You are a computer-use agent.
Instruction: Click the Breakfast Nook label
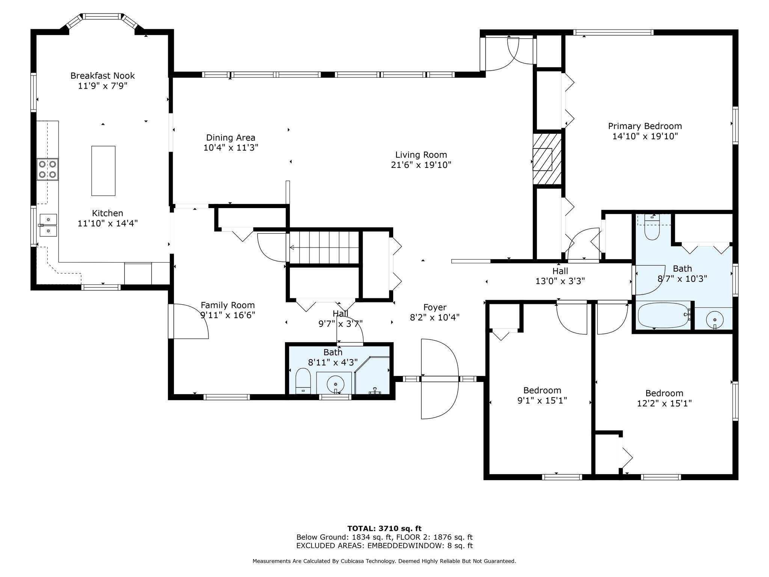click(103, 76)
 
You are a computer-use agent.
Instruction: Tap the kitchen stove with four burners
click(47, 169)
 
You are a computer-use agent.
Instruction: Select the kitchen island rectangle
click(103, 171)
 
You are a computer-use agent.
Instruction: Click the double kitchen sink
click(47, 225)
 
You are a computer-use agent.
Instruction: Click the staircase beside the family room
click(324, 247)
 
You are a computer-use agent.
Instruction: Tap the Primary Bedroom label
click(645, 126)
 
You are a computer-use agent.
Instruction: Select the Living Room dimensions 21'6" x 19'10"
click(421, 165)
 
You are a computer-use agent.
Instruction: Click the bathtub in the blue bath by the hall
click(664, 316)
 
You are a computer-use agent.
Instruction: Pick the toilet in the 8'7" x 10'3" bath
click(652, 227)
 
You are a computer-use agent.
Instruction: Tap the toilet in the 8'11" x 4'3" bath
click(303, 380)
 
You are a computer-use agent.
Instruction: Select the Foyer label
click(435, 308)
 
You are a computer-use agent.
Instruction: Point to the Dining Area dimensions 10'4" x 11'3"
click(231, 148)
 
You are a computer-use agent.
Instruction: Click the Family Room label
click(228, 305)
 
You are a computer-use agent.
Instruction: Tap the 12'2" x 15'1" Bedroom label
click(664, 393)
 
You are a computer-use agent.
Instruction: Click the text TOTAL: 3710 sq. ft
click(384, 529)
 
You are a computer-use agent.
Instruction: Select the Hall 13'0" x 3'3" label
click(560, 276)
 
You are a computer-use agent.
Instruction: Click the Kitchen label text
click(107, 213)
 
